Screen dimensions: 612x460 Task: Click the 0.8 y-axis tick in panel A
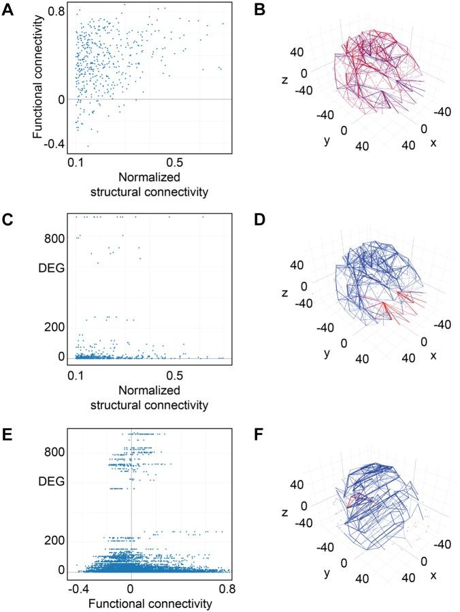56,12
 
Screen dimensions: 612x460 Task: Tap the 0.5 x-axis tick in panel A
174,164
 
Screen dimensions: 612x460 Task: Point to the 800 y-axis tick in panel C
53,238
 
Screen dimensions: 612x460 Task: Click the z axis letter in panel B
289,80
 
